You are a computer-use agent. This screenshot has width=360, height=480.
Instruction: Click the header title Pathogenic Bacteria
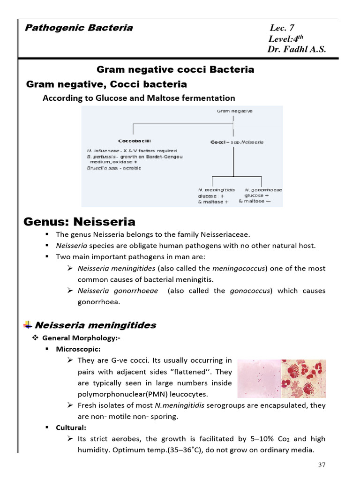click(78, 28)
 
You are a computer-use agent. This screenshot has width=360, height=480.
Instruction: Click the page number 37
click(322, 465)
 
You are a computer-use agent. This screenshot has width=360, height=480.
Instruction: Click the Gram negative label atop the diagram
click(235, 111)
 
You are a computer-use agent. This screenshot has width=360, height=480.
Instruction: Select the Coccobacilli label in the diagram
click(135, 141)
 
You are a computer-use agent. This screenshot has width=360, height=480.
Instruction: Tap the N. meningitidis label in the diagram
click(217, 190)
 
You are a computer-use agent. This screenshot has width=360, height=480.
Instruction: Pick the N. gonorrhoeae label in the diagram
click(263, 190)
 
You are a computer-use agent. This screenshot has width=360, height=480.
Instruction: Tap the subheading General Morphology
click(77, 337)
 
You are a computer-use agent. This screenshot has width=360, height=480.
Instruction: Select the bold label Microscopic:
click(78, 349)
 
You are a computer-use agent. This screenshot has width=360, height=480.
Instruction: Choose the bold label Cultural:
click(71, 427)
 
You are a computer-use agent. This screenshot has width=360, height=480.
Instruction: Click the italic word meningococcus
click(239, 269)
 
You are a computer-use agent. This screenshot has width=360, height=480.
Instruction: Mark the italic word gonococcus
click(250, 291)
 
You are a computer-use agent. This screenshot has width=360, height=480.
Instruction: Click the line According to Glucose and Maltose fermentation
click(139, 98)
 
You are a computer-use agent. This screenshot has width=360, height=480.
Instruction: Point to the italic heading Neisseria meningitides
click(96, 325)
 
